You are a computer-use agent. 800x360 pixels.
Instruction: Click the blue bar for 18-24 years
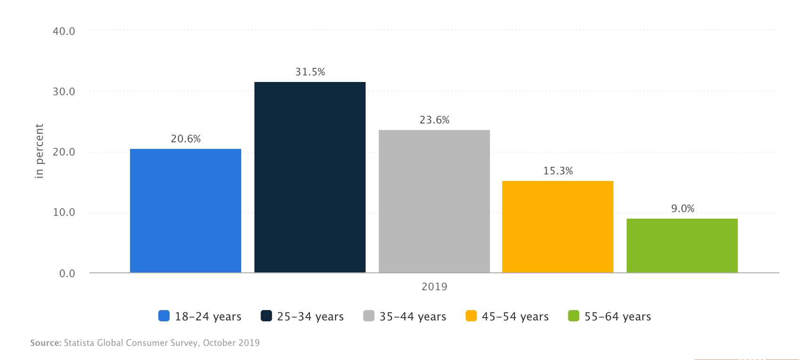[186, 211]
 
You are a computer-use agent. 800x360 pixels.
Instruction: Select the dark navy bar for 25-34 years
[310, 177]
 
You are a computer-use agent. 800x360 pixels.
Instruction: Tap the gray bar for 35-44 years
[434, 201]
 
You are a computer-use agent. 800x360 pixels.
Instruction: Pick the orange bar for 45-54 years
[558, 227]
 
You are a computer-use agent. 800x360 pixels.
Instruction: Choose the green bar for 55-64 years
[682, 245]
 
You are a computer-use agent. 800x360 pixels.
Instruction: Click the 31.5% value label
[310, 72]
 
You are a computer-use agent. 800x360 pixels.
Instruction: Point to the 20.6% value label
[186, 139]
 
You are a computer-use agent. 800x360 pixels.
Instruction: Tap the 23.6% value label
[434, 120]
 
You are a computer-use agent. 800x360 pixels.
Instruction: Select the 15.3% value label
[558, 171]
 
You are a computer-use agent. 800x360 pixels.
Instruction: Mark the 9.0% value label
[683, 209]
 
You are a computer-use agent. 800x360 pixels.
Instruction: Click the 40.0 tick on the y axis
[64, 32]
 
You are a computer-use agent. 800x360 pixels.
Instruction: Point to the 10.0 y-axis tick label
[64, 213]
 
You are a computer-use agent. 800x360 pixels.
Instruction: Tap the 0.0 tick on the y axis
[67, 274]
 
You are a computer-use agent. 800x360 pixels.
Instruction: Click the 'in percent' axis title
[39, 151]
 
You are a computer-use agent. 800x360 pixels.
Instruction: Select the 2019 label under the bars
[434, 286]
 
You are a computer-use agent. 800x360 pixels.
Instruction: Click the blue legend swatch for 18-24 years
[164, 316]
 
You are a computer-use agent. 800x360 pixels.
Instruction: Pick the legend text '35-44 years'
[413, 317]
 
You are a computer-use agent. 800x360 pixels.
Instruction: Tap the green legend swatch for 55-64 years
[573, 316]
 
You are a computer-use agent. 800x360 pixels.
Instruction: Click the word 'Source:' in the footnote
[46, 343]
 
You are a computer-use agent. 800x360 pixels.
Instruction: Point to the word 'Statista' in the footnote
[79, 343]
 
